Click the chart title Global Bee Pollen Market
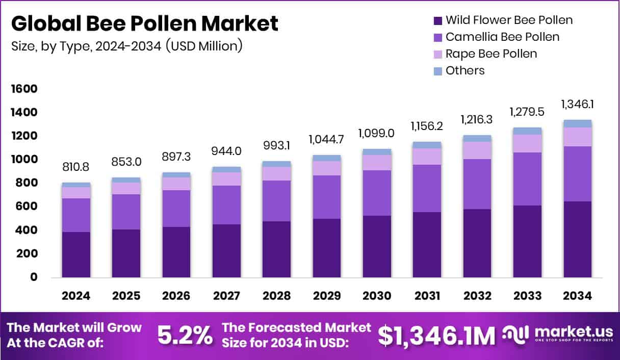(x=145, y=23)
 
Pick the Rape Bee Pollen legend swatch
(x=437, y=54)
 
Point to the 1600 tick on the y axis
(x=24, y=89)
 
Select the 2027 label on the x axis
(x=226, y=296)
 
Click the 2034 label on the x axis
(x=577, y=296)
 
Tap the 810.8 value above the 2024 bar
(x=76, y=167)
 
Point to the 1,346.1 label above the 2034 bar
(x=577, y=104)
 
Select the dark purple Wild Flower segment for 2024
(x=76, y=254)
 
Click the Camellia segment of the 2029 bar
(x=327, y=197)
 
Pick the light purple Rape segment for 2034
(x=577, y=137)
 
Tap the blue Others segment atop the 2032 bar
(x=477, y=138)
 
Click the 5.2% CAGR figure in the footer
(x=184, y=335)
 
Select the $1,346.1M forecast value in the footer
(x=436, y=336)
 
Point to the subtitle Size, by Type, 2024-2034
(x=126, y=46)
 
